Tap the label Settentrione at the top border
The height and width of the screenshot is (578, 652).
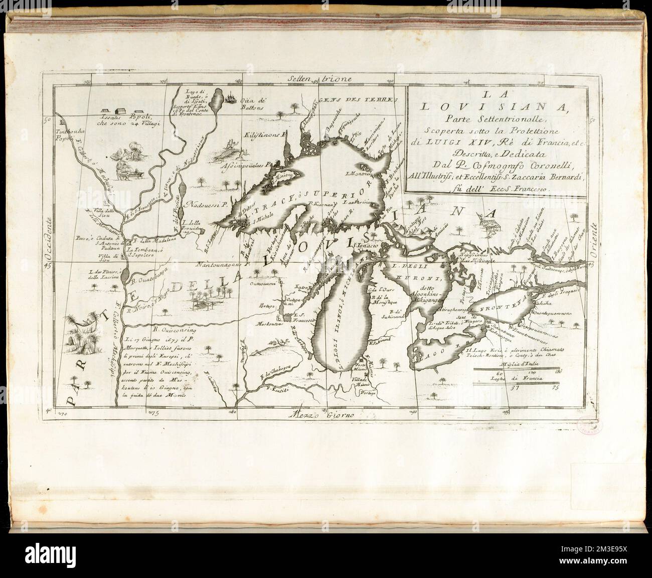[x=320, y=78]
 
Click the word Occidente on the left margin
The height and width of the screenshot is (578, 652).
[x=49, y=241]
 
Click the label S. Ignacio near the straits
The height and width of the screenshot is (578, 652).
[x=367, y=246]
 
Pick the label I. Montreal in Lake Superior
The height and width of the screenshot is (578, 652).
[x=360, y=174]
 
